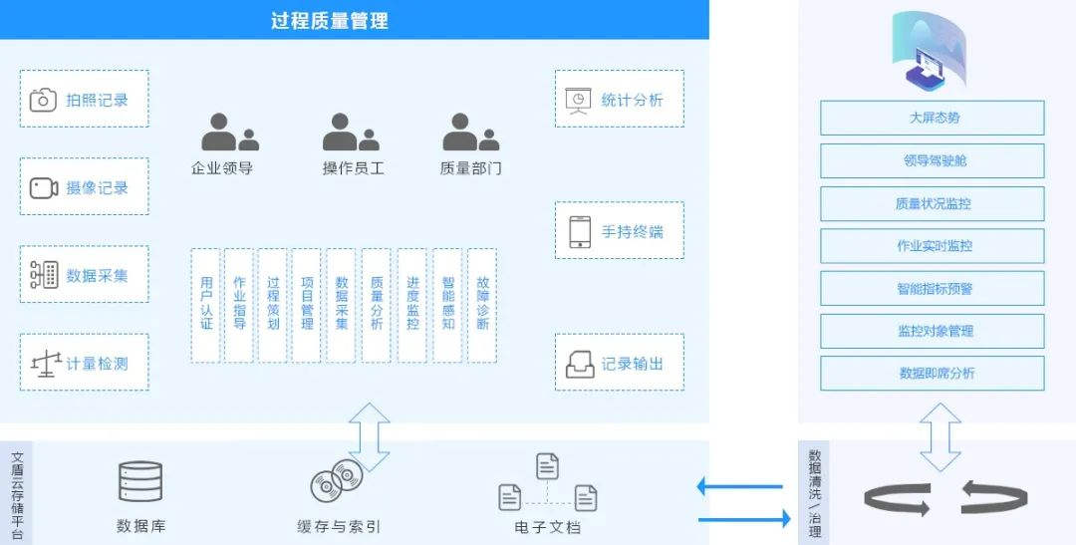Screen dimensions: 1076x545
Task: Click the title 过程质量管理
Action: coord(330,21)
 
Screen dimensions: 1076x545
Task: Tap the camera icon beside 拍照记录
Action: coord(43,100)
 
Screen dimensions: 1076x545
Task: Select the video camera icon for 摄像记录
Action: coord(43,188)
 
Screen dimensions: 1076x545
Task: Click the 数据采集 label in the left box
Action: coord(97,275)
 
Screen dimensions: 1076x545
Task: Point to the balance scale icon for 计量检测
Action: coord(46,364)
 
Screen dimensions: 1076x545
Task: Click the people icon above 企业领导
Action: coord(229,132)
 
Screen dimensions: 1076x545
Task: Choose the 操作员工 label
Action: coord(354,168)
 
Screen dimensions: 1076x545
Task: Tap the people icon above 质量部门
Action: coord(470,132)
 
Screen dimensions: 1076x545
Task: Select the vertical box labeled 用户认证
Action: coord(206,306)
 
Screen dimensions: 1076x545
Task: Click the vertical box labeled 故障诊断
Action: coord(482,306)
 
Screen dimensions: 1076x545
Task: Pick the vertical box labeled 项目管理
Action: coord(307,306)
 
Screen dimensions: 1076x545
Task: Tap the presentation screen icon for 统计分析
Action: coord(578,101)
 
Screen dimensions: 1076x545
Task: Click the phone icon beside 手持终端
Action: coord(580,232)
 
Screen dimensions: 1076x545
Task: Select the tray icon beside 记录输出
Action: coord(580,365)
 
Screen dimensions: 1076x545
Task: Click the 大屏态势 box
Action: coord(932,118)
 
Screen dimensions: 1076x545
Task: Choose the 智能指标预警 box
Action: coord(932,288)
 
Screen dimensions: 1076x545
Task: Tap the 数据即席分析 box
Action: coord(932,374)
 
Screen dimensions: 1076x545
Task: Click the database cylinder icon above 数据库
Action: coord(140,481)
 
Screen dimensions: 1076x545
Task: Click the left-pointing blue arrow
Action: coord(739,487)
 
